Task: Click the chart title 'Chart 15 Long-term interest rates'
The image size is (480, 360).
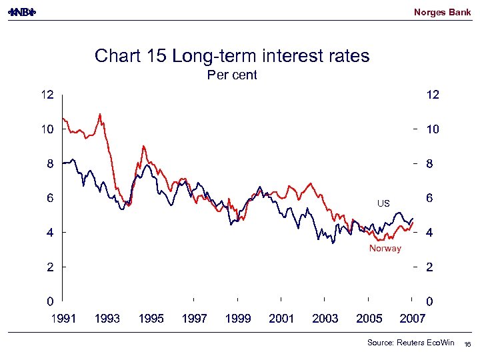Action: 232,55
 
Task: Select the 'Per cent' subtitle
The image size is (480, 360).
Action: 232,75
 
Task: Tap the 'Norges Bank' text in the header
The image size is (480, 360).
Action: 442,12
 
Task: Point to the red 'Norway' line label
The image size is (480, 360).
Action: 385,249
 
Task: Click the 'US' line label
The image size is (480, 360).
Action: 383,203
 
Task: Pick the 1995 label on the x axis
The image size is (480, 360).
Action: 151,319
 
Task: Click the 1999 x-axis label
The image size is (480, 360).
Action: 238,319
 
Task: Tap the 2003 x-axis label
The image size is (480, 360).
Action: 325,319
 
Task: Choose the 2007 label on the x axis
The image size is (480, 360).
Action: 412,319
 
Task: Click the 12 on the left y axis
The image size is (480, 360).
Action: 45,95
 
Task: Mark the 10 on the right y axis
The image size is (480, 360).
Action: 432,130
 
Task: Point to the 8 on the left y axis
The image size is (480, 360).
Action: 49,164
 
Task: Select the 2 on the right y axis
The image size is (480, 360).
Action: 430,267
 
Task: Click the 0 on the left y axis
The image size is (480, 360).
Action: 49,301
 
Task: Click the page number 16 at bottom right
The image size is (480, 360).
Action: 468,344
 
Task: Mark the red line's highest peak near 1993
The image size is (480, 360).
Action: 100,115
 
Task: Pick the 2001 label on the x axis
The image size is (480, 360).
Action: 281,319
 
